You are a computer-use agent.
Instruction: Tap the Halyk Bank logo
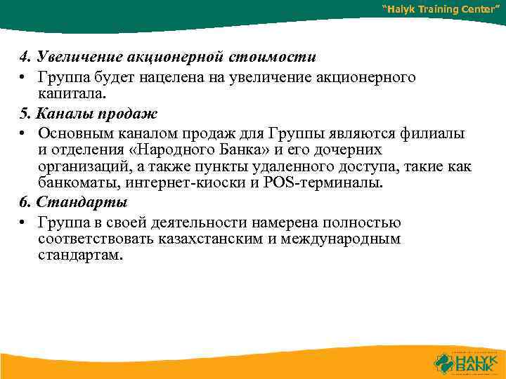pyautogui.click(x=465, y=362)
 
